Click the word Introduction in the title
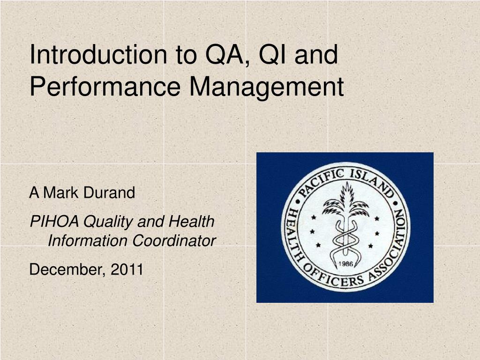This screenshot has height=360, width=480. pyautogui.click(x=98, y=54)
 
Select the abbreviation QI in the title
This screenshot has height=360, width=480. pyautogui.click(x=272, y=55)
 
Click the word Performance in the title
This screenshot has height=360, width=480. pyautogui.click(x=105, y=87)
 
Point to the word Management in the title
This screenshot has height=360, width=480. pyautogui.click(x=267, y=88)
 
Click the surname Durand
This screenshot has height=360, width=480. pyautogui.click(x=109, y=193)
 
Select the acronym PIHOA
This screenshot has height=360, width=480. pyautogui.click(x=54, y=221)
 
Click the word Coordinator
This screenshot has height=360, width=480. pyautogui.click(x=174, y=240)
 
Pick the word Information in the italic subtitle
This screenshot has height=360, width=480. pyautogui.click(x=88, y=240)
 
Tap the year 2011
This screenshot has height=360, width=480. pyautogui.click(x=127, y=270)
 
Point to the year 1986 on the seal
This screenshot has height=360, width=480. pyautogui.click(x=345, y=263)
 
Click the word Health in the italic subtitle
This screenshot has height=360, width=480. pyautogui.click(x=191, y=221)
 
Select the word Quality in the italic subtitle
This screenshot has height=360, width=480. pyautogui.click(x=108, y=222)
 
